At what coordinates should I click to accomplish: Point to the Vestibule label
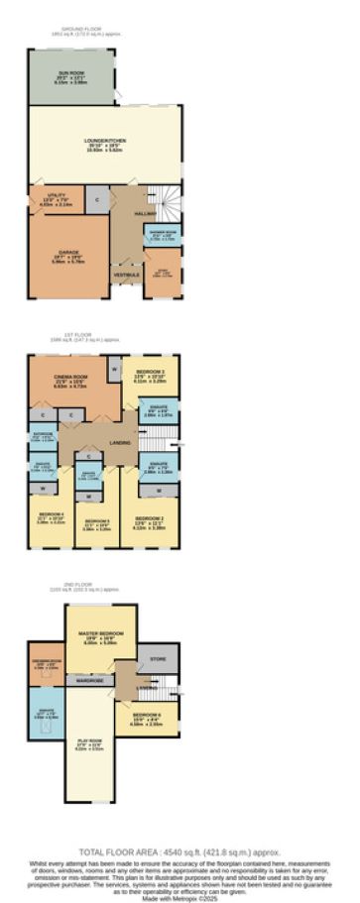(x=126, y=274)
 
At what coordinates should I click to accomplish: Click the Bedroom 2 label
(x=149, y=518)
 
